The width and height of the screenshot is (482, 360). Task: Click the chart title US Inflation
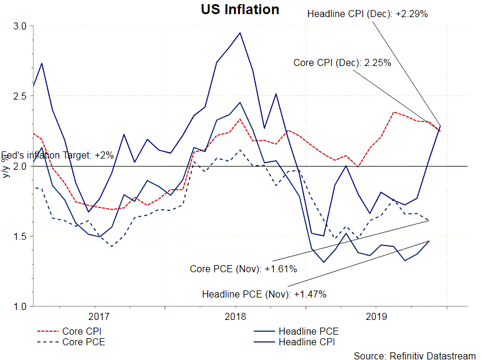[240, 9]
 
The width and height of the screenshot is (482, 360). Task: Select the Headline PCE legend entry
[308, 331]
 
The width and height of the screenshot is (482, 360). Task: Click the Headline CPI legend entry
[308, 341]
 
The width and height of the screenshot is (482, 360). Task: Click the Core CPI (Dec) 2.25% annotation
[342, 62]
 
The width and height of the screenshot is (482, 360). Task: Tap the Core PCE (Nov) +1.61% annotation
[243, 269]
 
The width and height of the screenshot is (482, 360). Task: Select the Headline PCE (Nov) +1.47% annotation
[264, 293]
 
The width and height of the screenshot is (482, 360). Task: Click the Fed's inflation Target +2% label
[57, 156]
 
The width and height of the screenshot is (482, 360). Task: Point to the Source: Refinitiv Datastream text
[414, 355]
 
